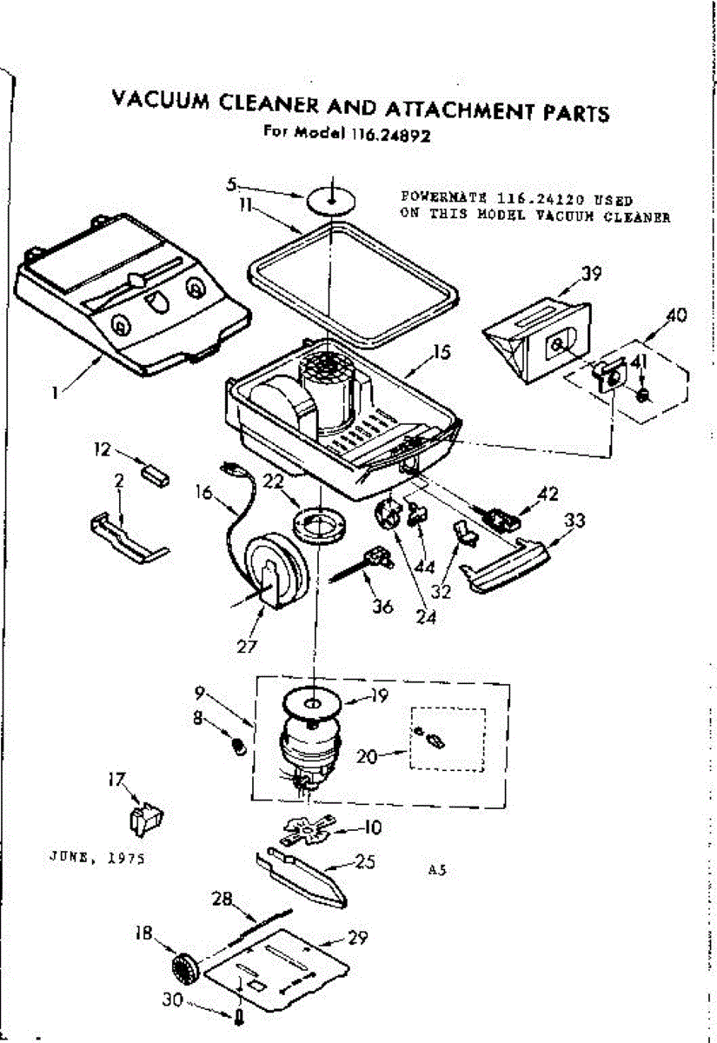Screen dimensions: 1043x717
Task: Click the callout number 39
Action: point(591,274)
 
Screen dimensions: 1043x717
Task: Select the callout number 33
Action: point(574,521)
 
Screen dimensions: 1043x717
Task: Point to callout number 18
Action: point(143,933)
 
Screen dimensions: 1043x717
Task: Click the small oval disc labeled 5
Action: point(331,199)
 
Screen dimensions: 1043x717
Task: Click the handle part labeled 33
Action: point(504,565)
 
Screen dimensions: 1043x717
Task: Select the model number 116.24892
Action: point(392,135)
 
